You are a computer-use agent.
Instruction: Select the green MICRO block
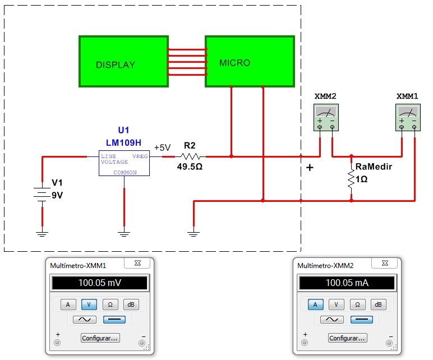pos(250,62)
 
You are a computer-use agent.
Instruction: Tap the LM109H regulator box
pos(124,163)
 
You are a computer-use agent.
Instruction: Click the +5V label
pos(162,147)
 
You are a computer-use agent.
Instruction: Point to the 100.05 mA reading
pos(347,283)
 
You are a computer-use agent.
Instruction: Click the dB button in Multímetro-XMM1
pos(130,304)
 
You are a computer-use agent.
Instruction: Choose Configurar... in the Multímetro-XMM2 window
pos(347,338)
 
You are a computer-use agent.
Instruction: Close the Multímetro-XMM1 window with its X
pos(136,263)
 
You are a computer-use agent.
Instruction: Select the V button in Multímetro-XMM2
pos(336,304)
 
